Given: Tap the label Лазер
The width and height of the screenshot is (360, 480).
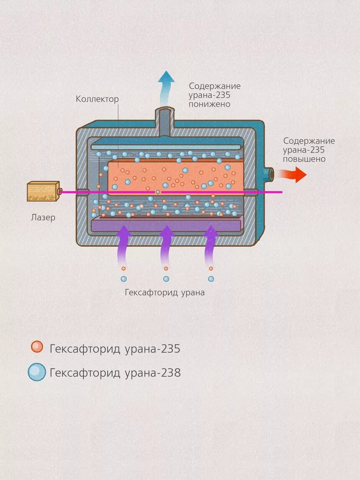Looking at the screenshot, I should point(43,218).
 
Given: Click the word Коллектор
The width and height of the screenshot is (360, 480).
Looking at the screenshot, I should point(97,99).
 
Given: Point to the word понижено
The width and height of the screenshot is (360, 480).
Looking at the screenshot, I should point(209,104).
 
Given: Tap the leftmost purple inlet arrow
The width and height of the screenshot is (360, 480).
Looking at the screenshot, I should point(123,245).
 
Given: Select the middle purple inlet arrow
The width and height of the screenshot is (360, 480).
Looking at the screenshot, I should point(167,245).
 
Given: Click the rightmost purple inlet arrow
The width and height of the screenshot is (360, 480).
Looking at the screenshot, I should point(211,245).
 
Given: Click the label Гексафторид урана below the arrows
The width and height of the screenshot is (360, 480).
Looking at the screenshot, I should point(165,293).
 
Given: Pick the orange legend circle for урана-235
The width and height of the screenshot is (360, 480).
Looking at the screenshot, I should point(37,347).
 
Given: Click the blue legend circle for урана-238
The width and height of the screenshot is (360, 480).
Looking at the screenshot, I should point(37,372).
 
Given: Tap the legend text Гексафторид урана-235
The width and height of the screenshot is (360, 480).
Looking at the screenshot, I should point(115,349).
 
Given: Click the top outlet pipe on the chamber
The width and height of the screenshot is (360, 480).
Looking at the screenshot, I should point(167,119).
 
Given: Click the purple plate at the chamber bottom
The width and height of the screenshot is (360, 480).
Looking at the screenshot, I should point(166,225).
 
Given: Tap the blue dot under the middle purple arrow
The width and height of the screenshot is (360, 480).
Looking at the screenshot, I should point(166,279).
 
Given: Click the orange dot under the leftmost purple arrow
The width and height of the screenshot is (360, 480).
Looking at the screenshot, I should point(123,268).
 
